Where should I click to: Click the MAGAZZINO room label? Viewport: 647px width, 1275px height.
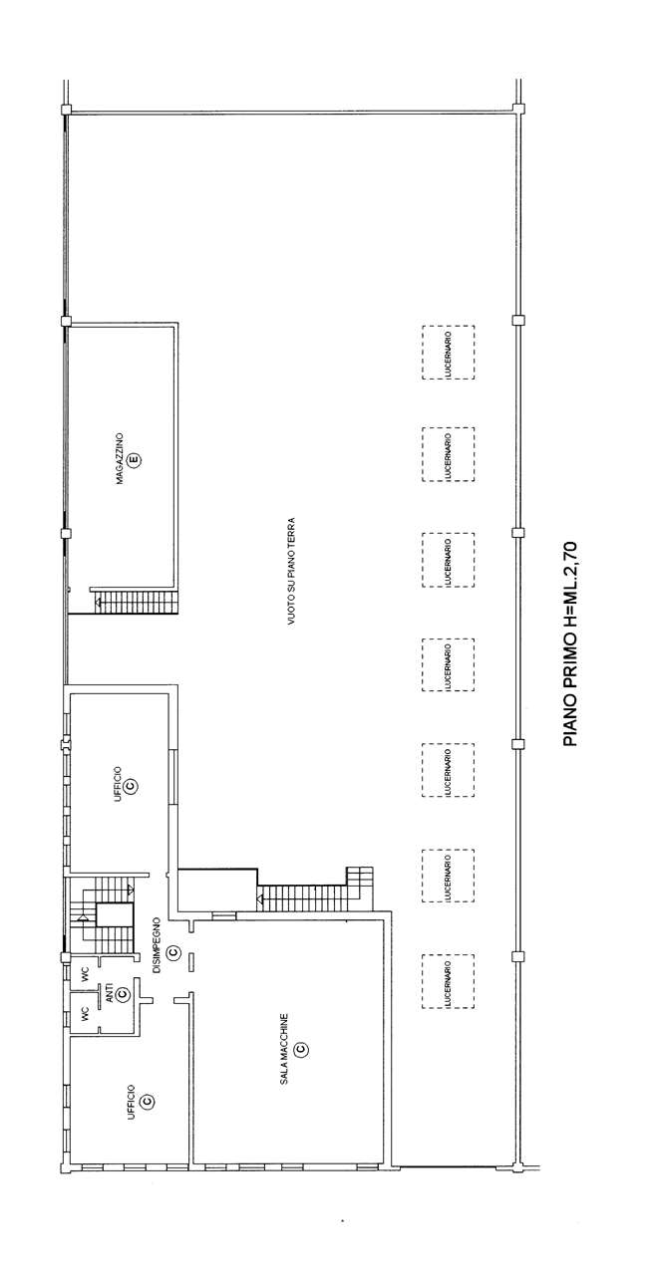[x=120, y=459]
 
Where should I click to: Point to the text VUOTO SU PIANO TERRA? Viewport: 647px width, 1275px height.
[x=291, y=571]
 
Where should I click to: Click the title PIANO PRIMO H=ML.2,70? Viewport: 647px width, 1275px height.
[x=570, y=644]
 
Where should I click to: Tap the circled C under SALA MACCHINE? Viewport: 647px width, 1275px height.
[x=302, y=1048]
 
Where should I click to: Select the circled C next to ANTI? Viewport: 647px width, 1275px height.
[x=122, y=994]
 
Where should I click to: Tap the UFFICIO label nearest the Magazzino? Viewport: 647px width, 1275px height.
[x=118, y=785]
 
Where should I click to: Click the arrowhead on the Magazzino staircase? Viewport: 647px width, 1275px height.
[x=98, y=601]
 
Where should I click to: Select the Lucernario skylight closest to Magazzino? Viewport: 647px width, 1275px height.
[x=449, y=353]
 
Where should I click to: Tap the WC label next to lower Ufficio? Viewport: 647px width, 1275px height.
[x=85, y=1013]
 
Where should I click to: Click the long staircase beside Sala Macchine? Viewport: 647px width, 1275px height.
[x=302, y=900]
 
